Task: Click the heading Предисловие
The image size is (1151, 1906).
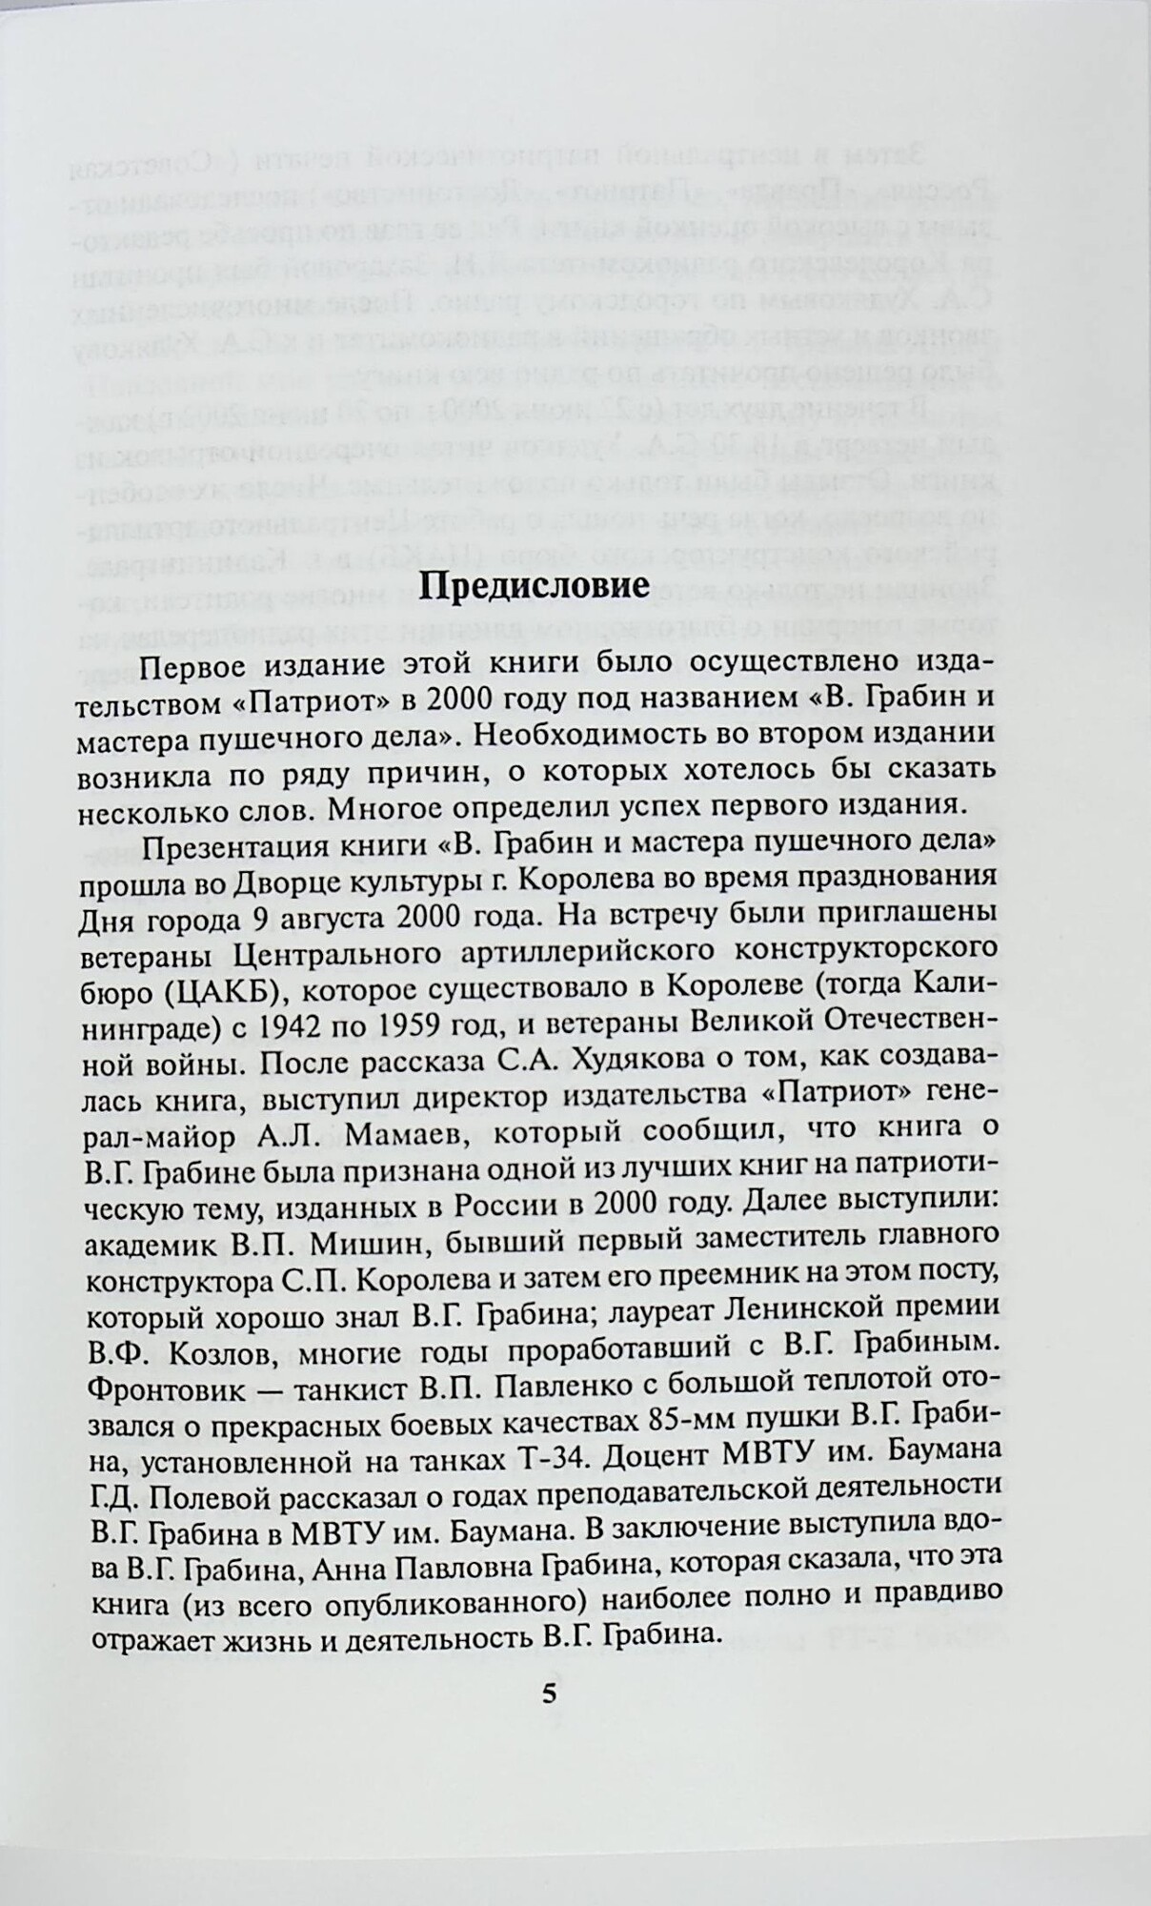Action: [535, 584]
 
